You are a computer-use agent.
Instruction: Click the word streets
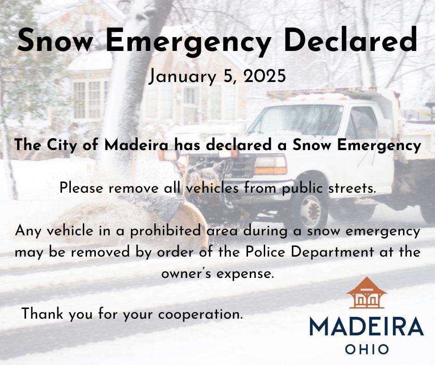click(x=350, y=189)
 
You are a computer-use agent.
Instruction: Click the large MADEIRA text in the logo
click(x=366, y=326)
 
